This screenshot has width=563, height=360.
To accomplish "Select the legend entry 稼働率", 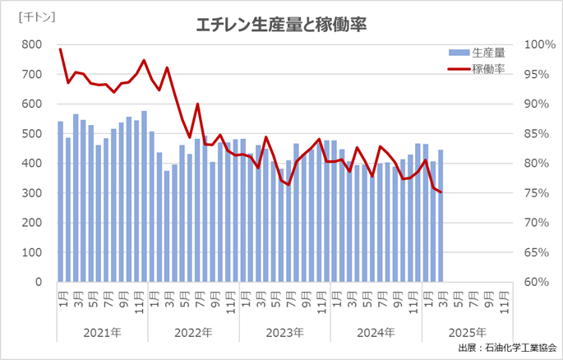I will point(487,67).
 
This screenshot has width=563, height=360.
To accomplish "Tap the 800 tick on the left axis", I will point(32,44).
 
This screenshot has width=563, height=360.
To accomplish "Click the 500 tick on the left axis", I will point(32,134).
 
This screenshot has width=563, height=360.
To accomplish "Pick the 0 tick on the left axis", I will point(39,282).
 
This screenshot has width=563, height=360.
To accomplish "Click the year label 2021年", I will point(103,333).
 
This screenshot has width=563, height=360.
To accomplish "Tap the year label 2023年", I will point(284,333).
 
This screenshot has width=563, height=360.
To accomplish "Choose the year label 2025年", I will point(467,333).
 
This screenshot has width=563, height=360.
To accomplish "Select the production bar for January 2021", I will point(61,202).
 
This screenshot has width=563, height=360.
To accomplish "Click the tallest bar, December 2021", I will point(144,196).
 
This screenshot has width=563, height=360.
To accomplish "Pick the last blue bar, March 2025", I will point(441,216).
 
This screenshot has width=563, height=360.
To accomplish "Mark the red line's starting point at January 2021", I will point(61,49).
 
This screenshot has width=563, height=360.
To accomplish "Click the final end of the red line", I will point(441,192).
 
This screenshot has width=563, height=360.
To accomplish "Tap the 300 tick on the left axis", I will point(32,193).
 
